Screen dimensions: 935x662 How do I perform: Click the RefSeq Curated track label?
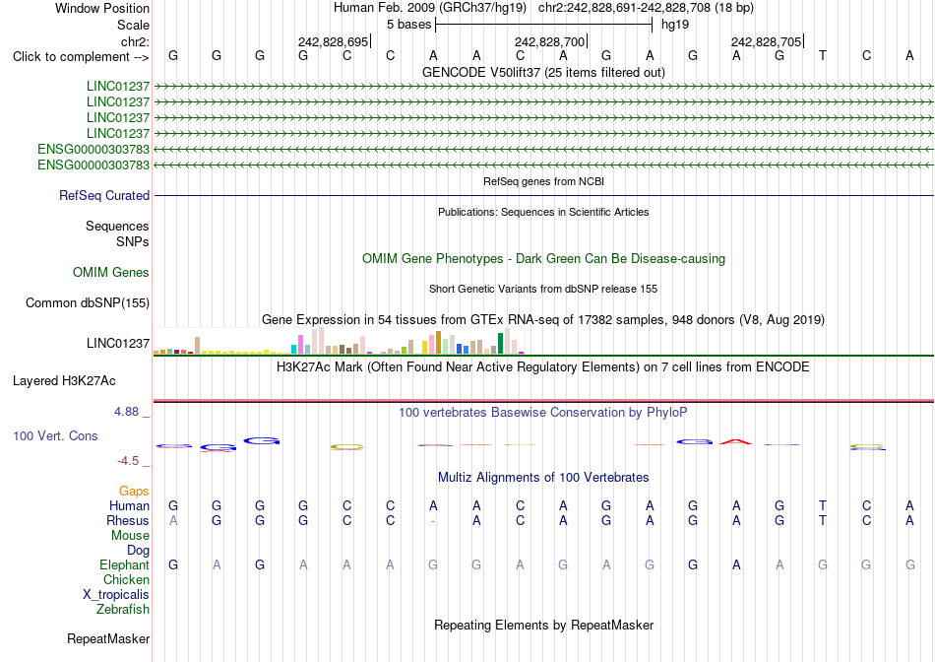(x=104, y=196)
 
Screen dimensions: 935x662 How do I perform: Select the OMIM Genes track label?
(x=111, y=273)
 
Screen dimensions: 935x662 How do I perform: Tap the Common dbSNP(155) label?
(x=88, y=303)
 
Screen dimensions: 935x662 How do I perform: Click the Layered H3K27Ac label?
(x=64, y=381)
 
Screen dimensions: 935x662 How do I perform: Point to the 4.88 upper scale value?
(x=126, y=412)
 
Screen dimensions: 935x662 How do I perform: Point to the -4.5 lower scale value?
(x=128, y=461)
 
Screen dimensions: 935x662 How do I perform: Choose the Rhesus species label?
(x=128, y=520)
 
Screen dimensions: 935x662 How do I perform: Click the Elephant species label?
(x=125, y=564)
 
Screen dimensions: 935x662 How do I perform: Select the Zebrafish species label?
(x=123, y=610)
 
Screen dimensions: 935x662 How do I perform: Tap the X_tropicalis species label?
(x=116, y=595)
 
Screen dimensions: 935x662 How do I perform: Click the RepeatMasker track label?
(x=108, y=639)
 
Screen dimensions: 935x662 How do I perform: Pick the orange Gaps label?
(x=134, y=492)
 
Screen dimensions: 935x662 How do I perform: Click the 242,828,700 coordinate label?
(x=549, y=41)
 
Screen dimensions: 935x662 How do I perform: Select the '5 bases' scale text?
(x=409, y=25)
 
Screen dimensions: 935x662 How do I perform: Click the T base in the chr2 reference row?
(x=823, y=56)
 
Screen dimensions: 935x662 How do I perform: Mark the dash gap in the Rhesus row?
(x=433, y=521)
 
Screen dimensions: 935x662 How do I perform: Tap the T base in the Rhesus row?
(x=823, y=520)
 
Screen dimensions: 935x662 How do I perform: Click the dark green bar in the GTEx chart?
(x=500, y=343)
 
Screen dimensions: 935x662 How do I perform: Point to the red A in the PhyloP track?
(x=736, y=441)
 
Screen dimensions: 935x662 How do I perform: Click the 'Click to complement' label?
(x=81, y=57)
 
